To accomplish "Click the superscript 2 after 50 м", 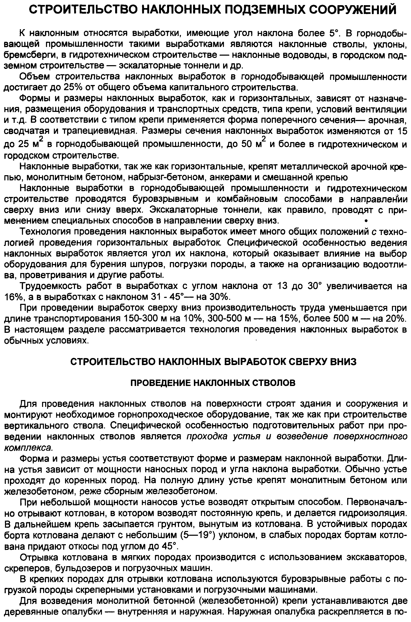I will (x=264, y=139).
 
